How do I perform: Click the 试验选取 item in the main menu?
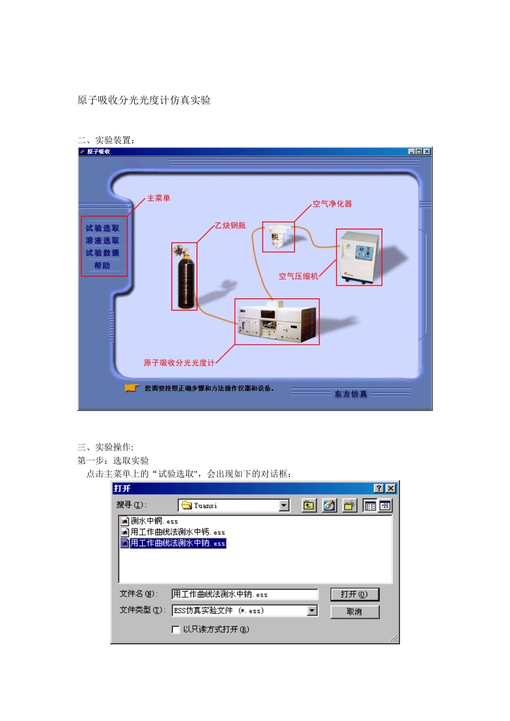[x=103, y=228]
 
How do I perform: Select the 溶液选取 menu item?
[x=103, y=240]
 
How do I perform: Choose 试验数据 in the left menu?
[x=103, y=253]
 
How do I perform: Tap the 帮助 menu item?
[x=102, y=266]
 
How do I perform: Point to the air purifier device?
[x=278, y=237]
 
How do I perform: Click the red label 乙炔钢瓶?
[x=230, y=225]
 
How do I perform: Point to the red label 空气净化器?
[x=332, y=204]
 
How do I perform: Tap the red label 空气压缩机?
[x=298, y=276]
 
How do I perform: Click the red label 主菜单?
[x=159, y=198]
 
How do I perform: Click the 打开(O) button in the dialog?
[x=354, y=594]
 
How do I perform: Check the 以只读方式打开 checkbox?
[x=176, y=629]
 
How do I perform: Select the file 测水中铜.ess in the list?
[x=154, y=521]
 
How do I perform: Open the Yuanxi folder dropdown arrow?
[x=284, y=505]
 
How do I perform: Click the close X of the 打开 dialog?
[x=391, y=488]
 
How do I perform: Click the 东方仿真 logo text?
[x=351, y=394]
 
